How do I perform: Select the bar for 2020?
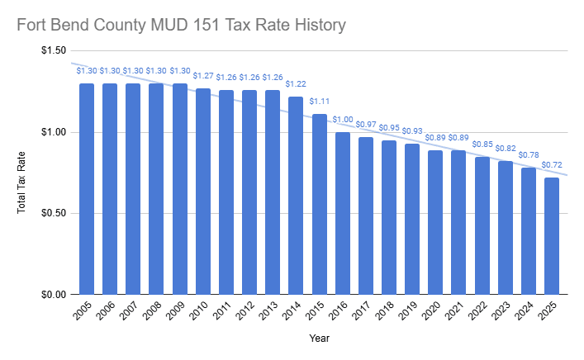(435, 222)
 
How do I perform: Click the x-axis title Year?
(320, 338)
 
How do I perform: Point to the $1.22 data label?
(296, 84)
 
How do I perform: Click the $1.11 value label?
(319, 102)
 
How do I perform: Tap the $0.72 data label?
(552, 165)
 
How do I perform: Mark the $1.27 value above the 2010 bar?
(202, 76)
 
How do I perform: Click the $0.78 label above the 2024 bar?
(529, 155)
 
